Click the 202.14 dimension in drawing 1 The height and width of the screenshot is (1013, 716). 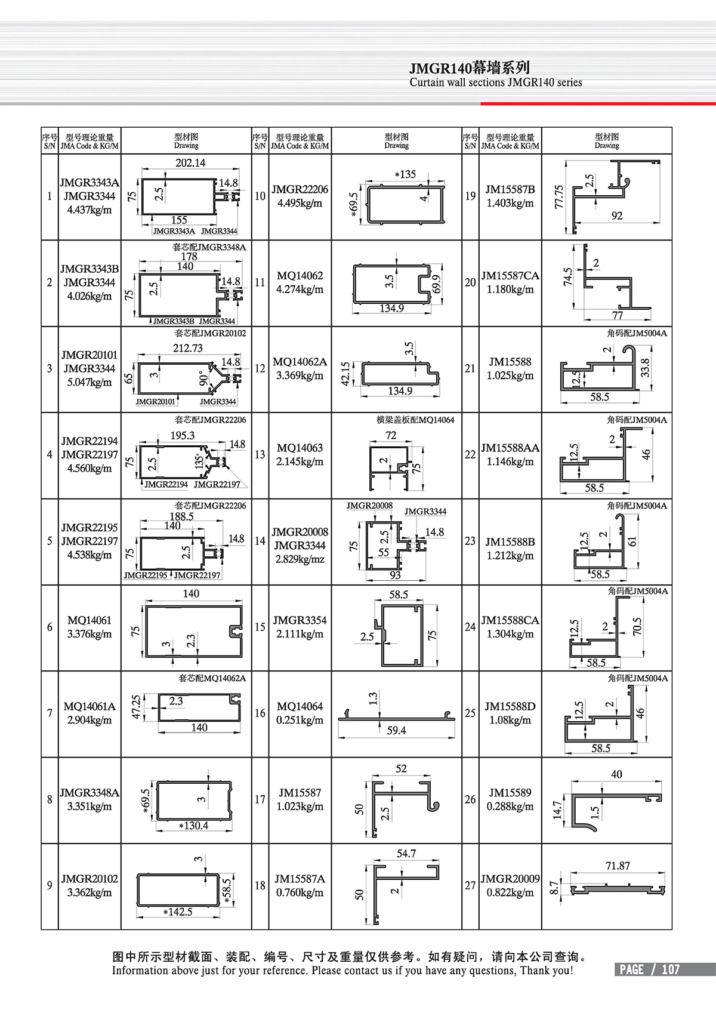point(190,163)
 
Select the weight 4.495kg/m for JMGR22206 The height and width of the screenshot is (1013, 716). point(300,203)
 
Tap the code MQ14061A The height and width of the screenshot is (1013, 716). point(89,706)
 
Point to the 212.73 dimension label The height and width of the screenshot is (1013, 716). point(187,348)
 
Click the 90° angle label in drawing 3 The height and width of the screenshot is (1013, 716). point(203,378)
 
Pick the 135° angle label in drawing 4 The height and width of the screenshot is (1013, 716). point(199,461)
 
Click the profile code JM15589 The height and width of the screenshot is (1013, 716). point(510,793)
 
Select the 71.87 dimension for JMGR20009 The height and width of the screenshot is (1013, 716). point(618,866)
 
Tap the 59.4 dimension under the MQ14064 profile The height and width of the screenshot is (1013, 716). point(396,731)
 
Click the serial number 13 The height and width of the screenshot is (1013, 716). point(260,455)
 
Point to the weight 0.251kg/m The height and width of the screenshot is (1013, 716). point(300,720)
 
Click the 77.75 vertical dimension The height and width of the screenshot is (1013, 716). point(558,196)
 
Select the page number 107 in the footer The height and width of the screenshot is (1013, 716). point(671,969)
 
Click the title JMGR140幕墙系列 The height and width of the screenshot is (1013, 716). point(470,68)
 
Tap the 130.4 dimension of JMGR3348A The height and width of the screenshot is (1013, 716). point(195,826)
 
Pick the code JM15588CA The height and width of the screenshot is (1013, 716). point(510,620)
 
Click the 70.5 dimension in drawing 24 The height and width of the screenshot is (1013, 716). point(637,626)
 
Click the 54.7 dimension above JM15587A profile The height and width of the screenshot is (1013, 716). point(406,854)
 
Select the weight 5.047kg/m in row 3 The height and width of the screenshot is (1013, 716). point(89,382)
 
